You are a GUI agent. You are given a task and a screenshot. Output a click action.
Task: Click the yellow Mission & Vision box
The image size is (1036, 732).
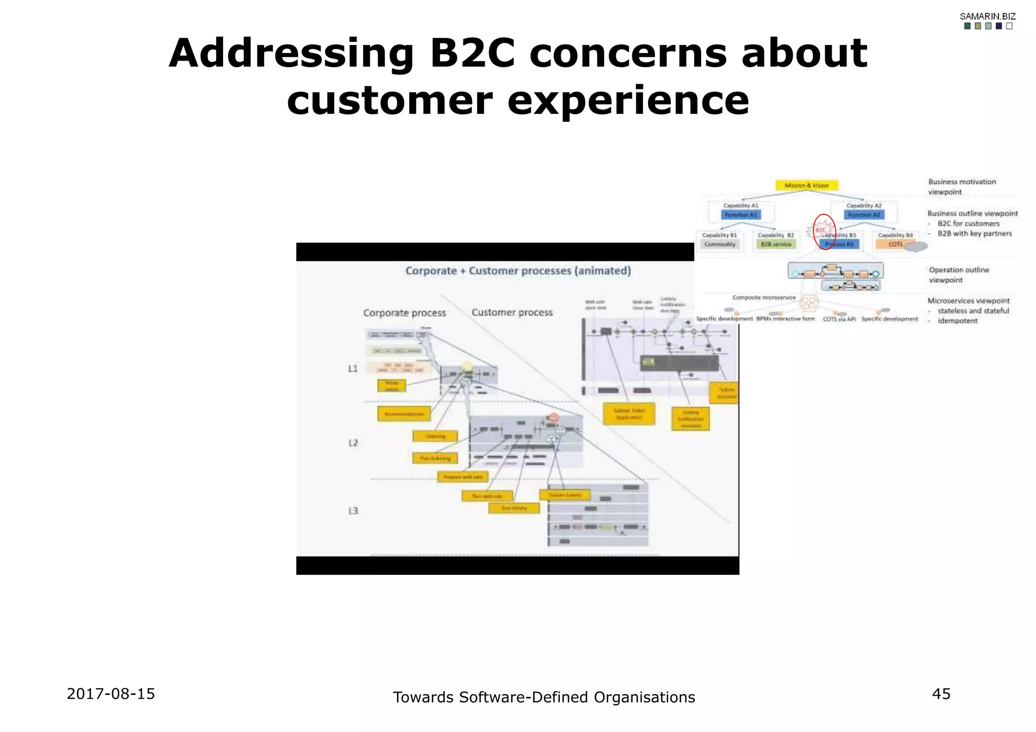(x=806, y=186)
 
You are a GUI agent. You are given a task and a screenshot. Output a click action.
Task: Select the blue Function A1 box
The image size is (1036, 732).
(x=741, y=215)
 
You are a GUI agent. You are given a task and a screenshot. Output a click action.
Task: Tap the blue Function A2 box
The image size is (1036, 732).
(x=864, y=215)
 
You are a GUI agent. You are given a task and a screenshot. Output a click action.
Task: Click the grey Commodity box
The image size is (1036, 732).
(x=720, y=244)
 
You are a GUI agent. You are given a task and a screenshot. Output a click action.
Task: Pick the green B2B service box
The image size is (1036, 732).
(x=776, y=244)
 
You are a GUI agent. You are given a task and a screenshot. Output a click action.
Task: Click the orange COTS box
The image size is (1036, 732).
(x=895, y=244)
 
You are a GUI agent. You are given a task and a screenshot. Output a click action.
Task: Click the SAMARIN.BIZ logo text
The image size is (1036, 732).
(x=987, y=17)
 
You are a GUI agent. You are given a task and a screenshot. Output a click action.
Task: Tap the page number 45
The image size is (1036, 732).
(x=941, y=694)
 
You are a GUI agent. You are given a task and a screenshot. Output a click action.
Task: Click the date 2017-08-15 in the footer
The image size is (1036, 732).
(x=111, y=694)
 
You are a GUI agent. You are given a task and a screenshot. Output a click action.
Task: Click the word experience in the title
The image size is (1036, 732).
(x=628, y=100)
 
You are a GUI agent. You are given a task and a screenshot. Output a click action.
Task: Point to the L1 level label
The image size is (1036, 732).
(x=353, y=369)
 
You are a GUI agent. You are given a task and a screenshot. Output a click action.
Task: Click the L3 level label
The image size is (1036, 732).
(x=353, y=511)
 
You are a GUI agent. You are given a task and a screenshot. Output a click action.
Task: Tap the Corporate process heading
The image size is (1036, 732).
(x=404, y=313)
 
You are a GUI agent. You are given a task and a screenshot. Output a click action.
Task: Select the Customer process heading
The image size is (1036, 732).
(x=512, y=312)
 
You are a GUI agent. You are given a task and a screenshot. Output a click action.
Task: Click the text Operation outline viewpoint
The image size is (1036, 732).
(x=958, y=275)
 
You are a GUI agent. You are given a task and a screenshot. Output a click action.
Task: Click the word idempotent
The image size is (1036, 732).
(x=957, y=321)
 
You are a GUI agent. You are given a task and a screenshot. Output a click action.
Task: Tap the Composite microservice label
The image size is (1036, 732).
(x=764, y=298)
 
